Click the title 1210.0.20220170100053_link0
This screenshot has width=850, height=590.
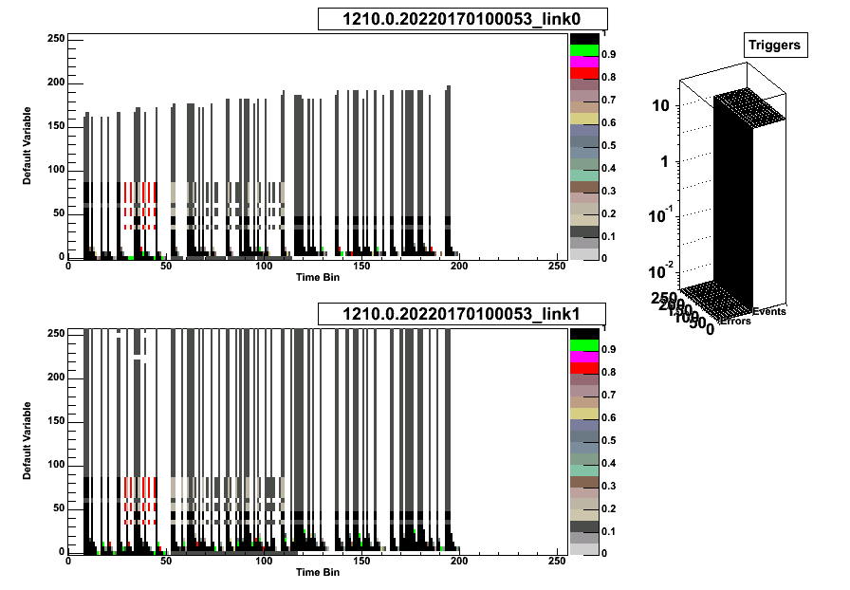[461, 19]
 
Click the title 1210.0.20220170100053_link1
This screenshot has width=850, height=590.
[461, 314]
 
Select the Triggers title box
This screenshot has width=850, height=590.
[774, 45]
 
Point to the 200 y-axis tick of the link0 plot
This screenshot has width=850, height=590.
[56, 83]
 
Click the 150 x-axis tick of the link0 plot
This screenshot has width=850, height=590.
[361, 267]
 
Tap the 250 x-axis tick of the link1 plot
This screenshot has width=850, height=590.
[557, 562]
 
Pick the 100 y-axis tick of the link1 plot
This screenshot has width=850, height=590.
[56, 465]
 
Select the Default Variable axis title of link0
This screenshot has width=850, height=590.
[28, 148]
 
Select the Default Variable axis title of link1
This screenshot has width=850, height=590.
[28, 442]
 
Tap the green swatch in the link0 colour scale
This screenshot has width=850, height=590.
[583, 49]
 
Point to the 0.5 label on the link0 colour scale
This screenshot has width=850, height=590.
[608, 145]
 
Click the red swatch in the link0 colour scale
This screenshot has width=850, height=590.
[583, 73]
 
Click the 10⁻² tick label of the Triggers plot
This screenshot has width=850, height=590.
[658, 273]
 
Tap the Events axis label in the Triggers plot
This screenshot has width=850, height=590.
[769, 311]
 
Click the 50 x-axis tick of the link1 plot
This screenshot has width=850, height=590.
[166, 562]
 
